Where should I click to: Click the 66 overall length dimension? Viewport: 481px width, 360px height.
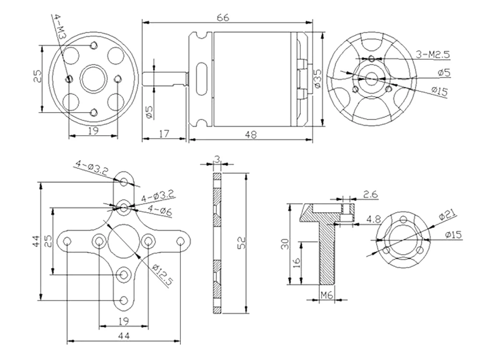pos(223,18)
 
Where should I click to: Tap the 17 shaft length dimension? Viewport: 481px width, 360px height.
pos(164,134)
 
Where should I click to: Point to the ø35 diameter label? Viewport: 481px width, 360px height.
pos(317,78)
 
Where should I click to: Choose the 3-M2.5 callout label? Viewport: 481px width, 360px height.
pos(433,54)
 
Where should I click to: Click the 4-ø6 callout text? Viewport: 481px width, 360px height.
pos(160,210)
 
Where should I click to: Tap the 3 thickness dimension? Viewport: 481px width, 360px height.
pos(217,158)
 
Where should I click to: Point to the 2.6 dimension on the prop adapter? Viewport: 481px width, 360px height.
pos(370,194)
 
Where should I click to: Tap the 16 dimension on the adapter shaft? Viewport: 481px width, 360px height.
pos(297,262)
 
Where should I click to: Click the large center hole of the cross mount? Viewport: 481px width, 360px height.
pos(124,241)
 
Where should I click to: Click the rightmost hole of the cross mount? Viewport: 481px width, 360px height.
pos(181,241)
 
